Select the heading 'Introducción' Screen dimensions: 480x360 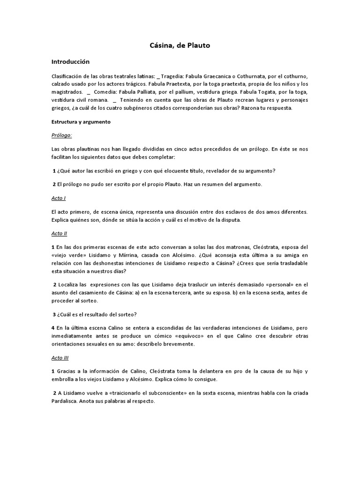tap(70, 62)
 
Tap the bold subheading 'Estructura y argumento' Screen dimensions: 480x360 tap(81, 121)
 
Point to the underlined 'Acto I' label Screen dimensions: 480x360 tap(59, 198)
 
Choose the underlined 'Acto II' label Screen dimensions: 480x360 tap(60, 233)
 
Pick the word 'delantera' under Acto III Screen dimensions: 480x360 tap(205, 371)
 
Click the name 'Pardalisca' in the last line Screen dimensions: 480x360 tap(67, 401)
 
